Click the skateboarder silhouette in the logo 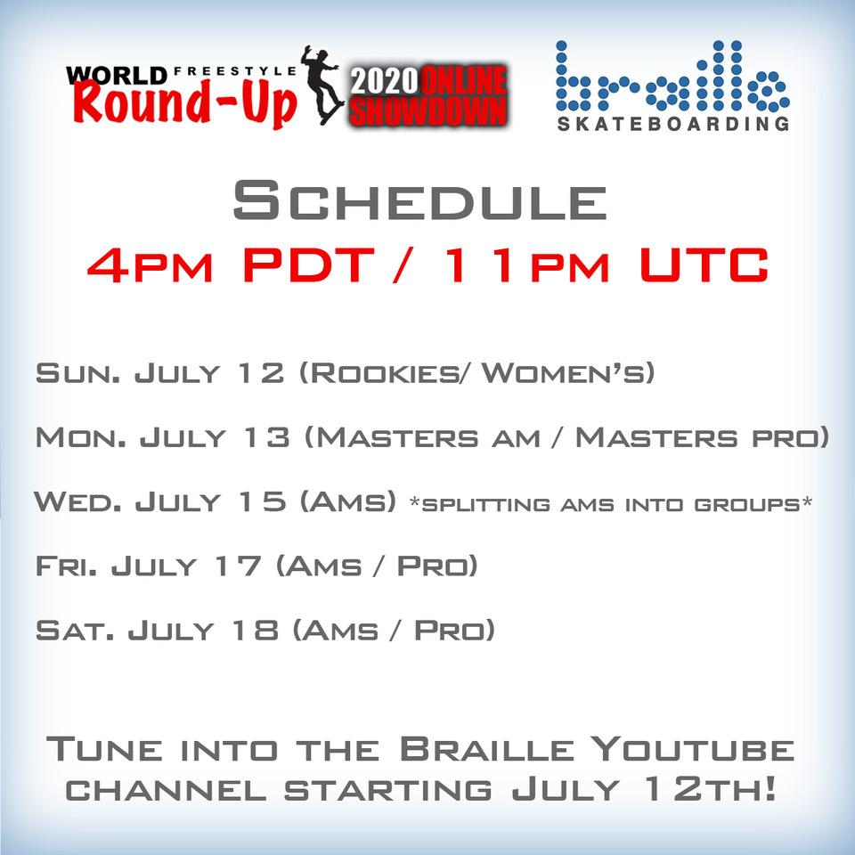coord(322,85)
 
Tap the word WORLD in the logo coord(117,75)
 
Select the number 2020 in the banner coord(385,81)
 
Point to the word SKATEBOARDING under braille coord(673,124)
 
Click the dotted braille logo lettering coord(672,76)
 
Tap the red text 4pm coord(150,265)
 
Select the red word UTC coord(704,265)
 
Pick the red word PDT coord(309,265)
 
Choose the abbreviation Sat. coord(75,631)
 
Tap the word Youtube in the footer coord(693,749)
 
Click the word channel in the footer coord(166,790)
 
